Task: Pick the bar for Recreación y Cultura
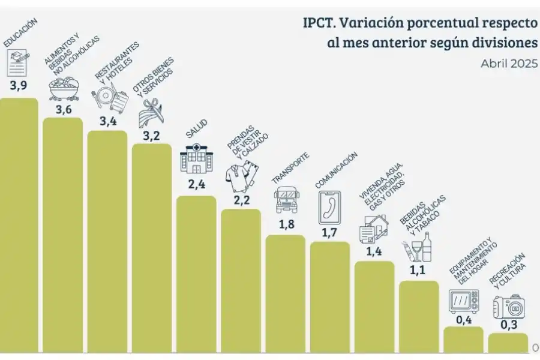click(x=508, y=342)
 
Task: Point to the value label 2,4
click(x=196, y=184)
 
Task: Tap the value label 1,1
click(x=418, y=270)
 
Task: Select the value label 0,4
click(x=463, y=320)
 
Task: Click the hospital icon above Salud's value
click(x=196, y=159)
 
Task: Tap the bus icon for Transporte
click(x=286, y=199)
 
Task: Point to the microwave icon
click(x=464, y=301)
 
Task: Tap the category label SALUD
click(x=197, y=129)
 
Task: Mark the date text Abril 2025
click(x=509, y=64)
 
